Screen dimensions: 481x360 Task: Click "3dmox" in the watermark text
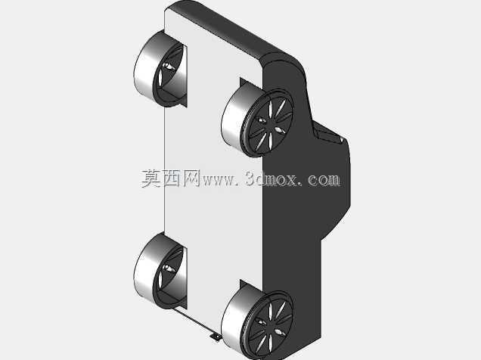tap(272, 178)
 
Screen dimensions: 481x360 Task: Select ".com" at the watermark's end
tap(321, 179)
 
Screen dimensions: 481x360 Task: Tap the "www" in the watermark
tap(218, 180)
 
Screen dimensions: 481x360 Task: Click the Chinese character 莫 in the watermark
tap(151, 178)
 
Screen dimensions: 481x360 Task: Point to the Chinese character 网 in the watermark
tap(191, 178)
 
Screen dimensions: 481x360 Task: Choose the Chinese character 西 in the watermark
tap(171, 178)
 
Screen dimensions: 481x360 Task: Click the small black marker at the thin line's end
tap(216, 337)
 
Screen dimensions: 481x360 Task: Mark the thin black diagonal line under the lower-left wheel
tap(193, 321)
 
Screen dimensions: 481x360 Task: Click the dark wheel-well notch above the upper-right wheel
tap(249, 82)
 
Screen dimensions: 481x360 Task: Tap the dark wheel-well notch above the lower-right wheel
tap(249, 284)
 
